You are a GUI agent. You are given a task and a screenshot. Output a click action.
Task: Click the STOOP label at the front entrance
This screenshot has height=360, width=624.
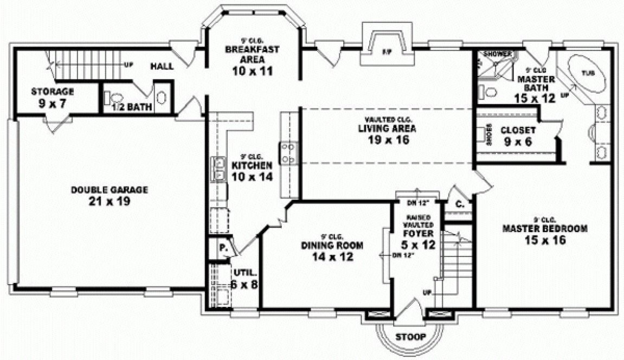410,337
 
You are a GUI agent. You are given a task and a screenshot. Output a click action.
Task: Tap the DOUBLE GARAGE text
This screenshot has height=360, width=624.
109,190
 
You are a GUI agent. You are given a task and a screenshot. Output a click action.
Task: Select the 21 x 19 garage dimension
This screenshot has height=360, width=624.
109,202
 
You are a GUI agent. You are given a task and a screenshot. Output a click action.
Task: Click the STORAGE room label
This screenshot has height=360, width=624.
52,91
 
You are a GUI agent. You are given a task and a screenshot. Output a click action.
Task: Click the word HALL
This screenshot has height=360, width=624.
162,66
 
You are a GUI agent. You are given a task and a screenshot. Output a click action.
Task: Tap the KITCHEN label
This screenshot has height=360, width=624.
252,164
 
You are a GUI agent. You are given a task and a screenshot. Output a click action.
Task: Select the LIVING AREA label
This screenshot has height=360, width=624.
387,128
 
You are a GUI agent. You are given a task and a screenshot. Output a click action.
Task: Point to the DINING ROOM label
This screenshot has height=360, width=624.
333,245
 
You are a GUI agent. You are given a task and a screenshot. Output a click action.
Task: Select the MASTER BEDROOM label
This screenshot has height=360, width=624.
545,228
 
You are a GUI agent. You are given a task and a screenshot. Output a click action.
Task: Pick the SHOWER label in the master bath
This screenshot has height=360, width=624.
494,54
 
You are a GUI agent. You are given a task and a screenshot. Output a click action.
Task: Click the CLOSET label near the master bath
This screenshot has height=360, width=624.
518,130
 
